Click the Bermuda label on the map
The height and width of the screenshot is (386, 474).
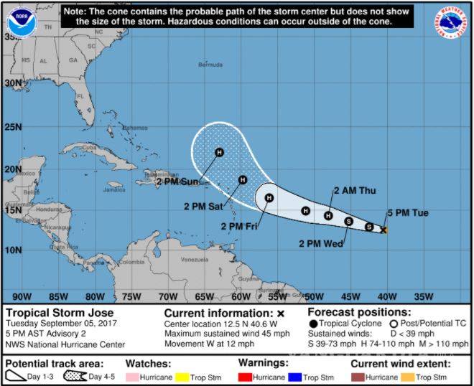tap(210, 65)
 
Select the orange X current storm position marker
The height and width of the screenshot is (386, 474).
tap(384, 230)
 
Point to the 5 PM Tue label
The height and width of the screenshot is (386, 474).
tap(408, 213)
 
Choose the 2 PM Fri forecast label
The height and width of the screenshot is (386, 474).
tap(239, 227)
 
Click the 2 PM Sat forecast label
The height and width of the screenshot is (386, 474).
tap(203, 207)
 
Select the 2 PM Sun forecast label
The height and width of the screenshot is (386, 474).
tap(177, 182)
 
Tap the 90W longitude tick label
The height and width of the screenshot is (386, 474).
tap(22, 296)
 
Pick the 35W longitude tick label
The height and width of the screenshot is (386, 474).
tap(424, 296)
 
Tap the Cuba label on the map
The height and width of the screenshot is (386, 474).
tap(90, 147)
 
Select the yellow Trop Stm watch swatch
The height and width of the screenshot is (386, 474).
tap(182, 377)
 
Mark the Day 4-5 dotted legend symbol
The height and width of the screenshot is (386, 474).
tap(76, 377)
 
